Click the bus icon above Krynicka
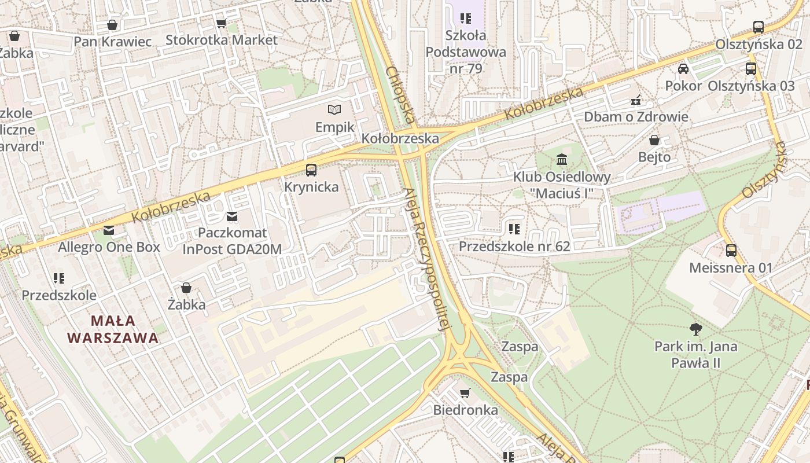311,170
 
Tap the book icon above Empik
334,109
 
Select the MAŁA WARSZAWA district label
113,329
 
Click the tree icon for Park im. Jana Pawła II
696,329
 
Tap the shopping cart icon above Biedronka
465,394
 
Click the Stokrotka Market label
222,40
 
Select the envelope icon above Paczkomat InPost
232,216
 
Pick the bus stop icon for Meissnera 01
731,251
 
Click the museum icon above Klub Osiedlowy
562,159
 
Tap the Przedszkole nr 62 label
514,246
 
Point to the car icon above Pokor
683,68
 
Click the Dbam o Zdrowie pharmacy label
636,116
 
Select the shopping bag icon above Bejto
654,140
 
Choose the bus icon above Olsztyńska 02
759,27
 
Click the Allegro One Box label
109,247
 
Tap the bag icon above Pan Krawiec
112,25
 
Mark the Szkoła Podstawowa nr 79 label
466,52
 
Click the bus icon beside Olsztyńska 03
750,69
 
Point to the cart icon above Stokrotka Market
221,23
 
